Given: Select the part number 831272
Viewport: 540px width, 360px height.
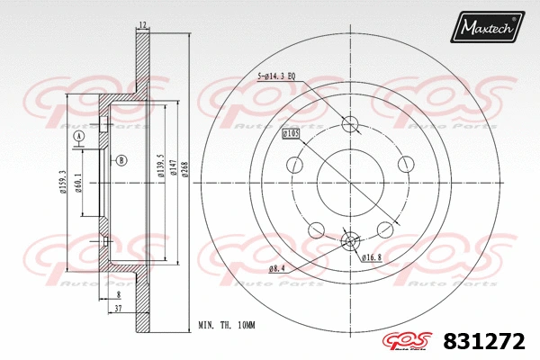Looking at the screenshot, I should pyautogui.click(x=483, y=340).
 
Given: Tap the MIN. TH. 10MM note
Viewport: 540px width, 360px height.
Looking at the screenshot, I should pyautogui.click(x=227, y=325).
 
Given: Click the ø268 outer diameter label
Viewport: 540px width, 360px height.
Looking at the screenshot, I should pyautogui.click(x=184, y=167).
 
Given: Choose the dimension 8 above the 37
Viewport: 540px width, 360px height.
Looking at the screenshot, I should pyautogui.click(x=118, y=294).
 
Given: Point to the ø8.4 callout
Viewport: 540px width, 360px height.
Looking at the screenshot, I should pyautogui.click(x=276, y=267).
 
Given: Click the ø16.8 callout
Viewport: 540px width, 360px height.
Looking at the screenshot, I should pyautogui.click(x=372, y=258).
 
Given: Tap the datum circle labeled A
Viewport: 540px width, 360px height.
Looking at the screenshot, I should pyautogui.click(x=78, y=136).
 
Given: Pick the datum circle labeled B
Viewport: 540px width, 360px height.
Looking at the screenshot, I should pyautogui.click(x=121, y=161).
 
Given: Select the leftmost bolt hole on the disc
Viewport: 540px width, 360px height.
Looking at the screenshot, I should pyautogui.click(x=293, y=165).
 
